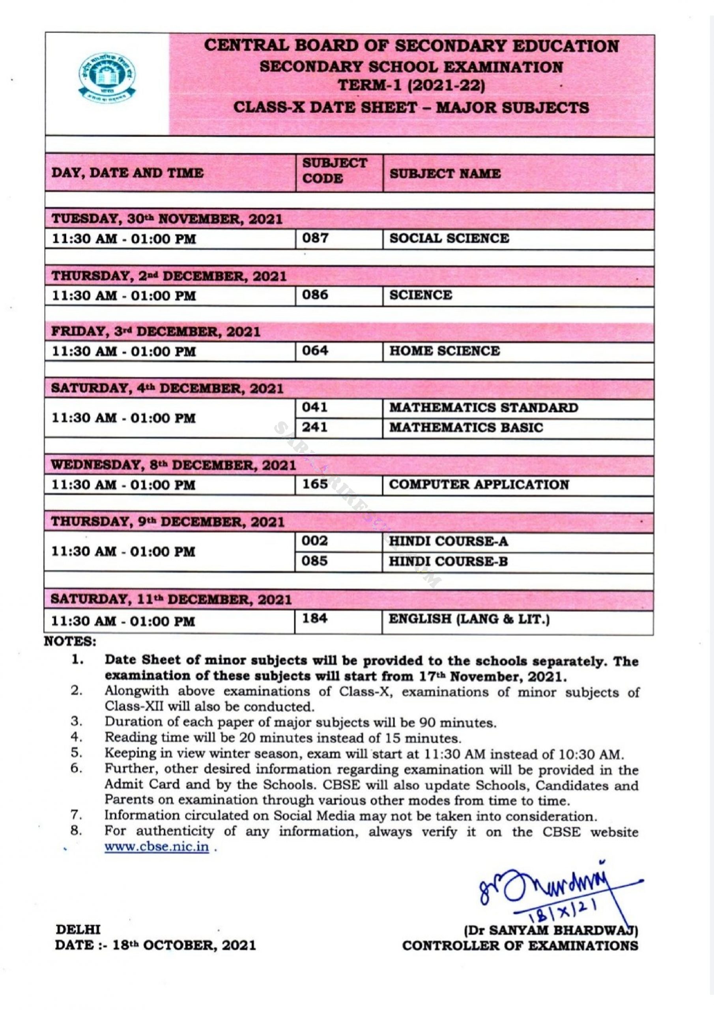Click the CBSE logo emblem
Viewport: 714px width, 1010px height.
tap(107, 77)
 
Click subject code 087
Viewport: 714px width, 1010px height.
tap(315, 238)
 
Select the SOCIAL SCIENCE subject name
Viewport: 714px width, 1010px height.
tap(449, 238)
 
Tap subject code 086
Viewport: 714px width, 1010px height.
tap(315, 294)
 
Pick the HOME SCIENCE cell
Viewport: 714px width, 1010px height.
tap(444, 351)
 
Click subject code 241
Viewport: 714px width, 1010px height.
tap(314, 427)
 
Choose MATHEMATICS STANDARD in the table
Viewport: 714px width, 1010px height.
tap(484, 408)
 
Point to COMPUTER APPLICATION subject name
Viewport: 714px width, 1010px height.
tap(479, 484)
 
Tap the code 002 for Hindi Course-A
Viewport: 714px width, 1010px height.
tap(314, 541)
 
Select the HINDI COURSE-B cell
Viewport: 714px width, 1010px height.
tap(448, 561)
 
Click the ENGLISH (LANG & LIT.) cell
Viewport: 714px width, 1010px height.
tap(469, 619)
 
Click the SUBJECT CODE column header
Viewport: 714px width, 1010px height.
tap(335, 171)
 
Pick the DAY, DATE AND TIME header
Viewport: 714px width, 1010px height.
tap(127, 173)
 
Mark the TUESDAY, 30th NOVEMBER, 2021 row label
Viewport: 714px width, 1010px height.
tap(167, 219)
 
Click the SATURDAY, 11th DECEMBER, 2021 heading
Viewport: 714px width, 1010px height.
tap(171, 600)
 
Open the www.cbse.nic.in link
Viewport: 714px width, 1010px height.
tap(157, 847)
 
